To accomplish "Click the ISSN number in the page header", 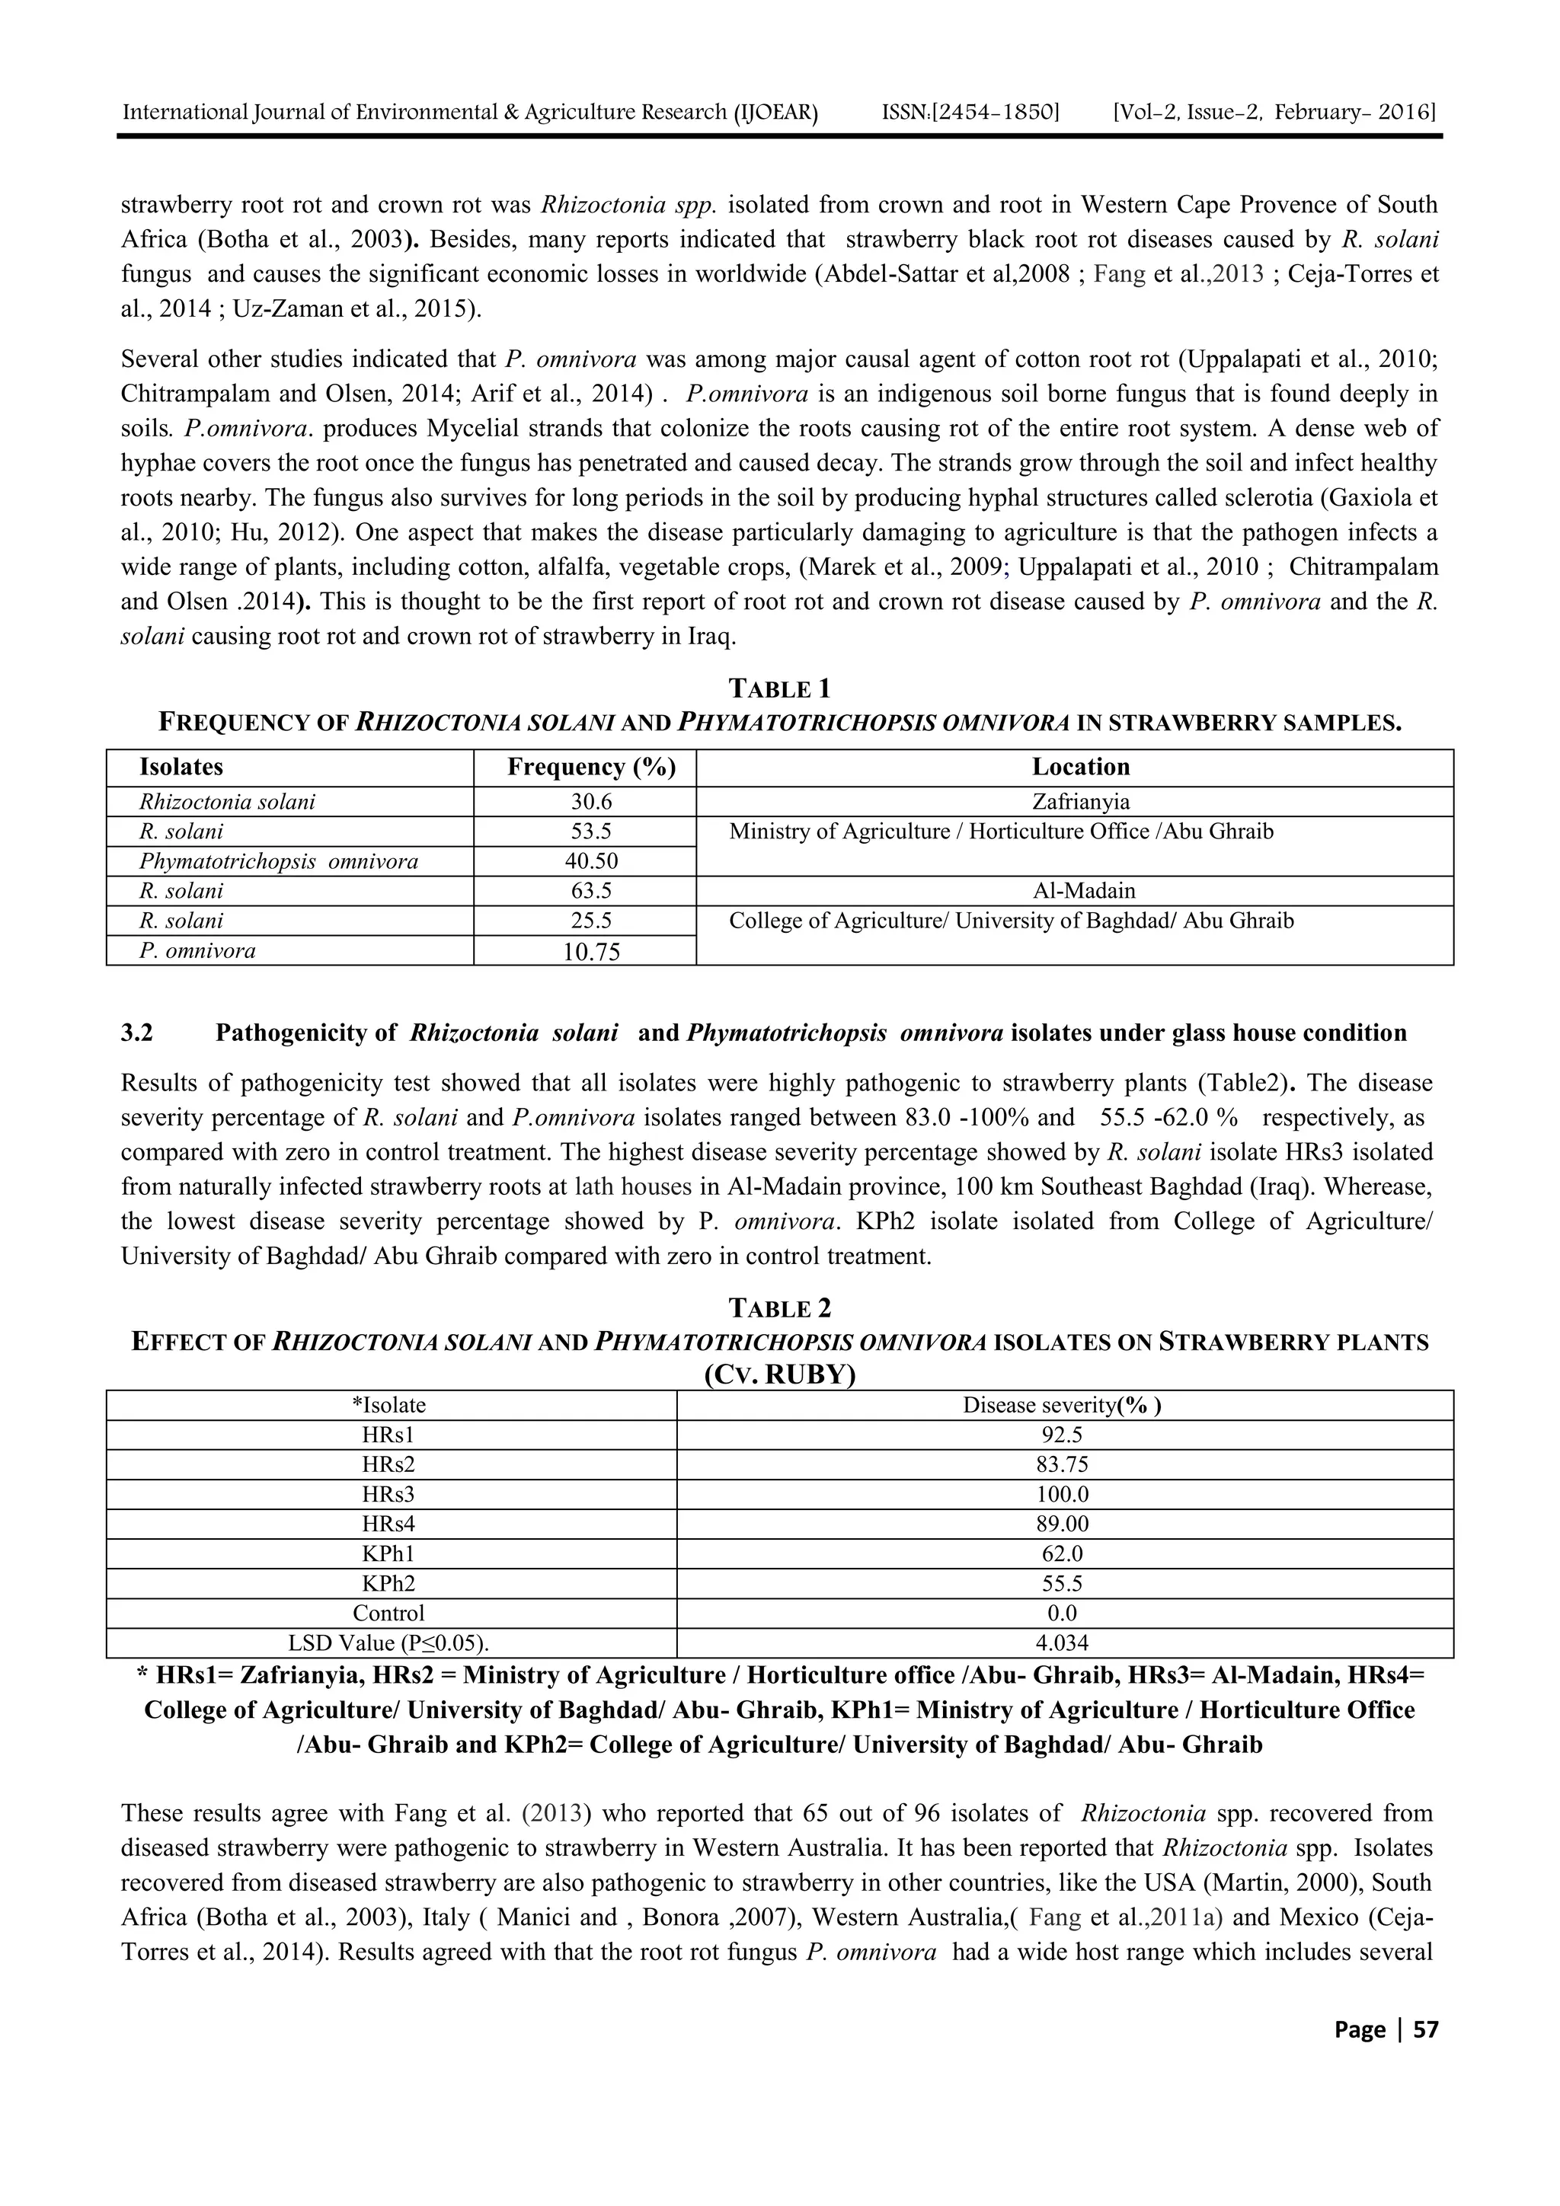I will (970, 113).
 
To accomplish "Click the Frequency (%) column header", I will (591, 767).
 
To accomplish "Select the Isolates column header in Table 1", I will (181, 767).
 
